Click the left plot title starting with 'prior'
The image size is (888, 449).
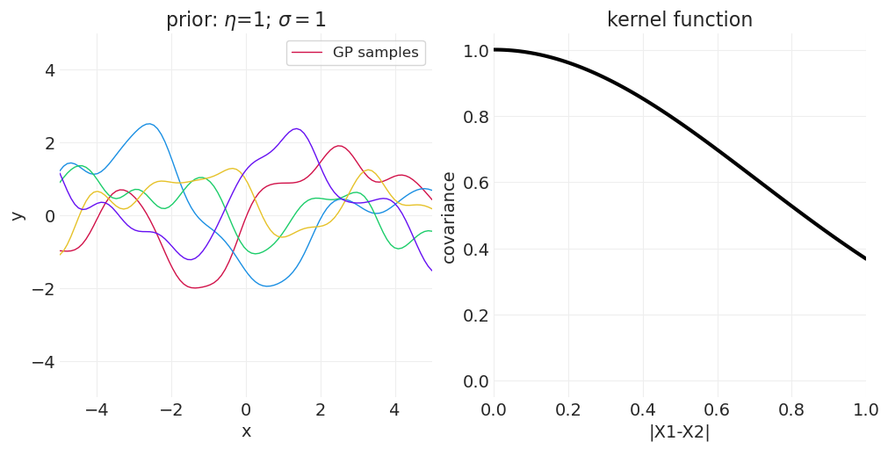coord(246,19)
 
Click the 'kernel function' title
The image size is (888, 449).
coord(679,19)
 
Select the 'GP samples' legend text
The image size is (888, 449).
coord(375,53)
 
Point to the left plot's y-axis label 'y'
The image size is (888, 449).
coord(18,215)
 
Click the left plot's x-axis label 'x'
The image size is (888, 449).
coord(246,431)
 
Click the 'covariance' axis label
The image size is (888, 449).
coord(449,217)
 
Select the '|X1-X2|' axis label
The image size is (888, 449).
coord(679,432)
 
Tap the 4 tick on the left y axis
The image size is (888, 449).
coord(49,70)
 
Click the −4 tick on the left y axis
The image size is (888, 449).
coord(44,362)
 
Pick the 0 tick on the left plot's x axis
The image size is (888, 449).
coord(246,409)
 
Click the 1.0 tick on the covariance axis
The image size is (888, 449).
coord(475,51)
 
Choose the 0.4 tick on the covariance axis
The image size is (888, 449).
coord(475,250)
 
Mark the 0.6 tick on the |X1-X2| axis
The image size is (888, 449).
coord(717,409)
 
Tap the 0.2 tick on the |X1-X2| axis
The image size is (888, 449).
coord(568,409)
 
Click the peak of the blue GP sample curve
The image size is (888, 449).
coord(149,124)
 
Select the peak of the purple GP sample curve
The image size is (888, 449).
coord(296,129)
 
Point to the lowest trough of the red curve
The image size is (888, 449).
coord(195,287)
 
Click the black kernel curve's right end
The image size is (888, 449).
coord(865,258)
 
